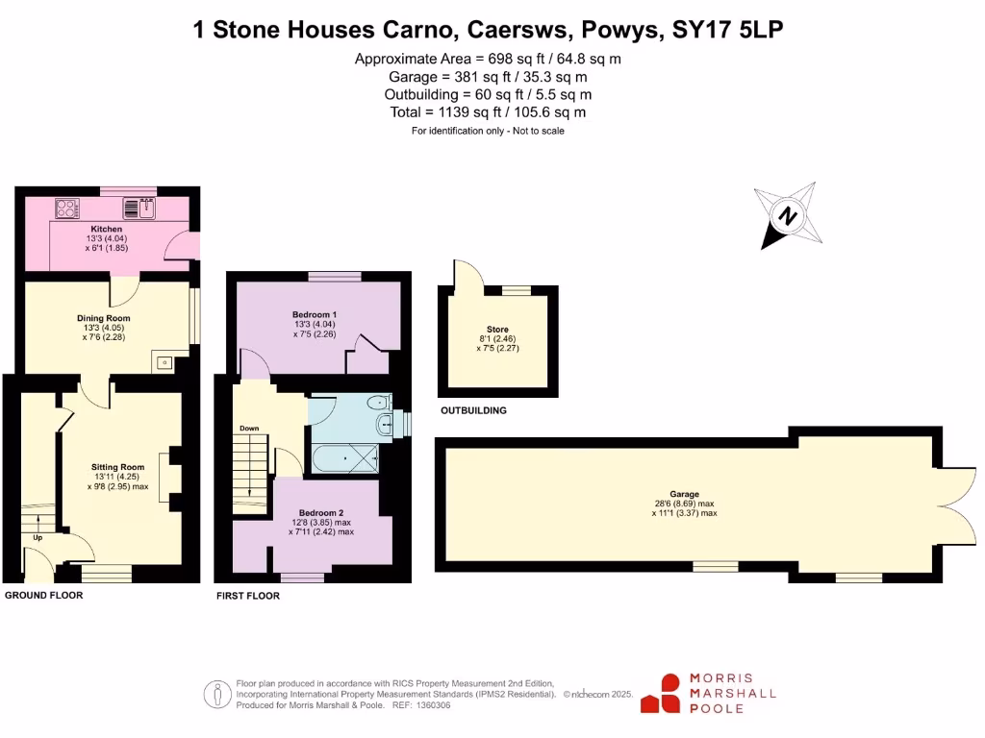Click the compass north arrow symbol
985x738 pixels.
(788, 216)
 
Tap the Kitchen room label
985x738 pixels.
(106, 230)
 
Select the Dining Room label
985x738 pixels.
(103, 318)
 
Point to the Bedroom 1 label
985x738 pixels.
(315, 314)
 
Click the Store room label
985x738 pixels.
(497, 330)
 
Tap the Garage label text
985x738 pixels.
(685, 494)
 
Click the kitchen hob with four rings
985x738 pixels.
(68, 207)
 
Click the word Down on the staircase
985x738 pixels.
(248, 429)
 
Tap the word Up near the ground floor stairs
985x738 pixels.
(38, 537)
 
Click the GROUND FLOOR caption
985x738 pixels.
(44, 596)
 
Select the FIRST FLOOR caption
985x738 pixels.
(248, 596)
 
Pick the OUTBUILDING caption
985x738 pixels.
(473, 410)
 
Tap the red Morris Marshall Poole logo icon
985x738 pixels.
(662, 693)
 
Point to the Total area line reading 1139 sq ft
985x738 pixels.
(488, 112)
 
